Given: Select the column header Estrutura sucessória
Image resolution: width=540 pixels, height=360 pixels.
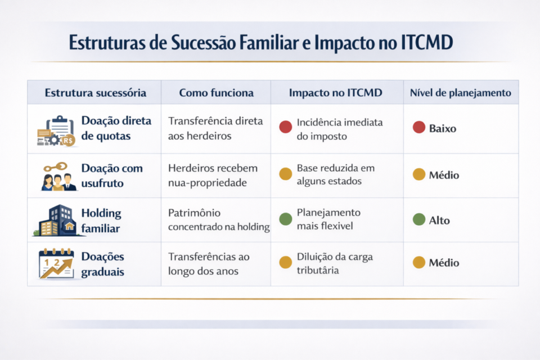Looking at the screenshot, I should click(95, 93).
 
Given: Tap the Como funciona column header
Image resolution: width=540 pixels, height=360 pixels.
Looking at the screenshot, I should click(216, 93).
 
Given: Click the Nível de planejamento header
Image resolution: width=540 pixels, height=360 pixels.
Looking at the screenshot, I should click(461, 93).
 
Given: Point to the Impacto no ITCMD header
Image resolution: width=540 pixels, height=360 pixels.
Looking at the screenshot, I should click(336, 93).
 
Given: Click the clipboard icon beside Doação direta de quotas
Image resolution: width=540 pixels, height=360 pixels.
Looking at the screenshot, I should click(56, 131).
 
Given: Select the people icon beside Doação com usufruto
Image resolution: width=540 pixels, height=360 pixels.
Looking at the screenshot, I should click(58, 177).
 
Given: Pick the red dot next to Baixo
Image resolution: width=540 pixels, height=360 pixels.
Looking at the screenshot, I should click(418, 128).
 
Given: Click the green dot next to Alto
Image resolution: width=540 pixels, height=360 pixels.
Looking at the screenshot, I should click(418, 220).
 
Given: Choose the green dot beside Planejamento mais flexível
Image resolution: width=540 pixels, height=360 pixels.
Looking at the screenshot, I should click(286, 219).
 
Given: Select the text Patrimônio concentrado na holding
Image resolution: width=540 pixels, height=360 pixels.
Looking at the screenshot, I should click(219, 219).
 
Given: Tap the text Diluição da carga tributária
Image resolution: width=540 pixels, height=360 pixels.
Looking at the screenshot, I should click(335, 263).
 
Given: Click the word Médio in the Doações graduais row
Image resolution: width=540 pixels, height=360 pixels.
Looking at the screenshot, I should click(444, 263).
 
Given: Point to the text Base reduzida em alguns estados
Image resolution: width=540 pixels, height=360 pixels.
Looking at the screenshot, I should click(335, 174).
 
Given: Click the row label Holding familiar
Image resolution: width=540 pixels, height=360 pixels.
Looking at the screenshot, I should click(101, 220).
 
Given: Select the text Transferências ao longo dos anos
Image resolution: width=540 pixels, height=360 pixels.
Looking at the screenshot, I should click(209, 263).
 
